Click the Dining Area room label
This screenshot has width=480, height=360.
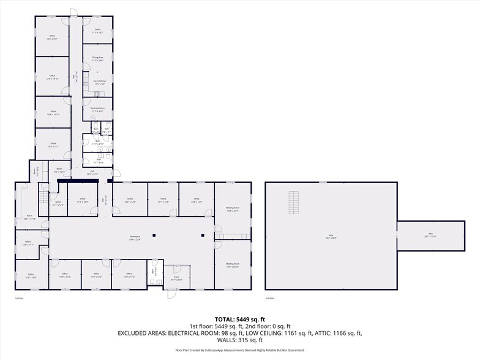[x=97, y=59]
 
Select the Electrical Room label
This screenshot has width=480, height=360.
[x=97, y=109]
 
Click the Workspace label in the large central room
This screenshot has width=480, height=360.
[x=135, y=238]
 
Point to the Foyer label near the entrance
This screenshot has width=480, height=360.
[x=177, y=279]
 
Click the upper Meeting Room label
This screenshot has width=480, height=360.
[x=232, y=209]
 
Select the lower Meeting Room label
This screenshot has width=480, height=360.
[x=232, y=265]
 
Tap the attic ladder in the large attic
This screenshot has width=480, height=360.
[x=294, y=202]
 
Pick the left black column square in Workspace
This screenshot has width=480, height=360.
[x=156, y=234]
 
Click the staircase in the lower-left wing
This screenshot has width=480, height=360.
[x=43, y=198]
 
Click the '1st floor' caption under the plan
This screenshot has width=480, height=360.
[x=20, y=298]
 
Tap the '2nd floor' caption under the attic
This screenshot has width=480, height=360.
[x=269, y=298]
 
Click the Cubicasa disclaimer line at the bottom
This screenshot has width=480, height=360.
[x=239, y=350]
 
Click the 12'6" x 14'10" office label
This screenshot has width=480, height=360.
[x=52, y=78]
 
